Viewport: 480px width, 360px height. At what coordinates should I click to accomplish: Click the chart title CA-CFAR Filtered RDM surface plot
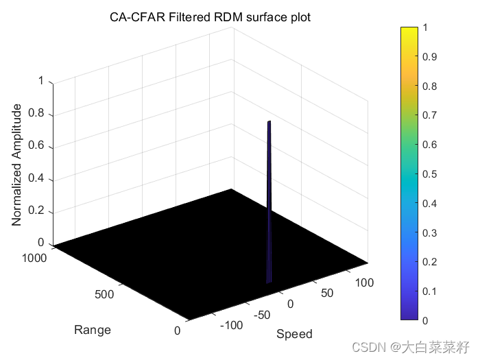coord(211,17)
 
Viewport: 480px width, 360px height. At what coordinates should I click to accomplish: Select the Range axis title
coord(93,330)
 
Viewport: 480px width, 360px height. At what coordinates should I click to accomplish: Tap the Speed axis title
coord(294,334)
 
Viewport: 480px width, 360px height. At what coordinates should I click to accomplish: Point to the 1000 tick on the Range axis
coord(34,258)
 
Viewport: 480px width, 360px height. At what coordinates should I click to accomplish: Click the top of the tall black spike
coord(269,122)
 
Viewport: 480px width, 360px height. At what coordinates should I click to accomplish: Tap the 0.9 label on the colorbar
coord(431,56)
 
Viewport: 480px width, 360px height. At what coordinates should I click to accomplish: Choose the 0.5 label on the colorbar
coord(431,174)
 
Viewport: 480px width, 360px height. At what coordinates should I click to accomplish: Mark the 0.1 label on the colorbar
coord(431,291)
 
